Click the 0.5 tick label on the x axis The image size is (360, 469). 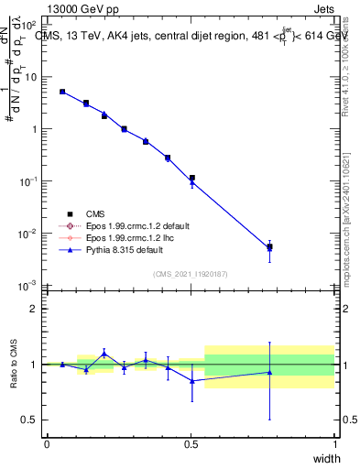(191, 444)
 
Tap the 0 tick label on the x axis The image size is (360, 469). (47, 444)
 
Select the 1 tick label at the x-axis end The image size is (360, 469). (334, 444)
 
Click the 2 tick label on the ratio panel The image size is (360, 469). (32, 309)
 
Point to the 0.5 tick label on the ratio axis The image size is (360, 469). (27, 420)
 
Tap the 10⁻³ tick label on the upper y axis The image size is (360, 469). (27, 286)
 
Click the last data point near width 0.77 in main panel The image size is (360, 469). (269, 247)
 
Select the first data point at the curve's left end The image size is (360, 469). (61, 92)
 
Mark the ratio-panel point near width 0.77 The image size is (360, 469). (269, 372)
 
